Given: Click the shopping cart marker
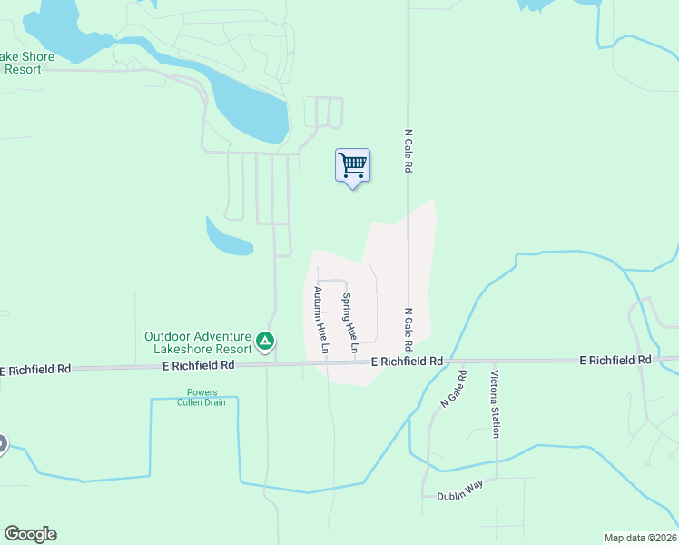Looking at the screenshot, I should click(352, 166).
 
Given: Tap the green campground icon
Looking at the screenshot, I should click(265, 342).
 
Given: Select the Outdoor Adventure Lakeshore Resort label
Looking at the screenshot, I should click(198, 342).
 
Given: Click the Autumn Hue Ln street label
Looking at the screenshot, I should click(320, 313).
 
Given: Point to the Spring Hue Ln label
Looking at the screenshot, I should click(349, 322).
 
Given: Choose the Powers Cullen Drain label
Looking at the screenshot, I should click(202, 398).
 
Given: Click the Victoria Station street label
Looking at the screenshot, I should click(495, 403).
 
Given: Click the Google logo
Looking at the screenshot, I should click(30, 534).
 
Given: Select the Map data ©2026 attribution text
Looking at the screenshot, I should click(640, 538).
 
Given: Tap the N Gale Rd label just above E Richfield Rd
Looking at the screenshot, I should click(408, 328).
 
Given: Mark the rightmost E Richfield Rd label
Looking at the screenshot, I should click(615, 361).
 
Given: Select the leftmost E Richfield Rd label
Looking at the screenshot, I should click(36, 370).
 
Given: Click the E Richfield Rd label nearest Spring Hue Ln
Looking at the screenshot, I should click(407, 362).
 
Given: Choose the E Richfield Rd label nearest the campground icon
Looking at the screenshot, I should click(198, 365).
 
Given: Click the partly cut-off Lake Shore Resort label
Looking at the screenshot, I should click(27, 63).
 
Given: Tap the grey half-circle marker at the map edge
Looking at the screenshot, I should click(3, 444).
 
